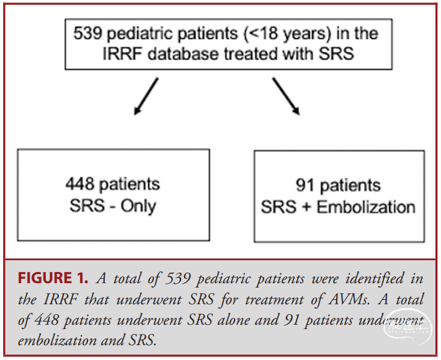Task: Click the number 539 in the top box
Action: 87,33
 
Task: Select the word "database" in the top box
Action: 183,54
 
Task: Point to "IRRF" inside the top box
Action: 122,54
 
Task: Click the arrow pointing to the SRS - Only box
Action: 146,96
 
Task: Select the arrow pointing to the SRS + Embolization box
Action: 286,96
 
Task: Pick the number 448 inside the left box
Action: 80,184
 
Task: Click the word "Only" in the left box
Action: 138,206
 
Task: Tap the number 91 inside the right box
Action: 305,185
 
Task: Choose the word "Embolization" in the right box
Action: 366,207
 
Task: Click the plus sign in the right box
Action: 306,208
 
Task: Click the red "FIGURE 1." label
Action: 53,278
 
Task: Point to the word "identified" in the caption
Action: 375,278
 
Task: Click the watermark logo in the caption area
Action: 408,326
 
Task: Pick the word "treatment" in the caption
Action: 275,300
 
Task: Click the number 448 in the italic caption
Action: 47,320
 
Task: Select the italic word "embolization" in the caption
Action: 57,340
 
